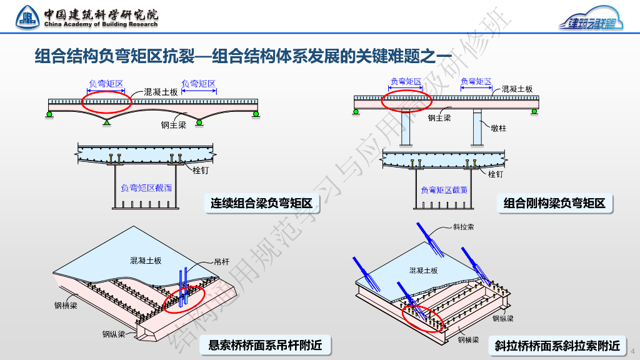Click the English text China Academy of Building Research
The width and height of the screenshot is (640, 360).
coord(101,24)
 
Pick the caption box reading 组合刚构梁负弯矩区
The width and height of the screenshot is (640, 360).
coord(555,202)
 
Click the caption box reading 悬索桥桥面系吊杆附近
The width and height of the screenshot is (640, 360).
coord(265,344)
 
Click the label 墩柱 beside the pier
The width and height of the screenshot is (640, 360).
coord(498,128)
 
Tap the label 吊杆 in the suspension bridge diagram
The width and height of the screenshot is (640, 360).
coord(221,261)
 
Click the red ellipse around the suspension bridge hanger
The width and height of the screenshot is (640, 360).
coord(184,299)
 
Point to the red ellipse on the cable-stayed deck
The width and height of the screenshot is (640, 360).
coord(423,317)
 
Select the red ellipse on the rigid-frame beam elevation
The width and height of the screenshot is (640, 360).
coord(406,99)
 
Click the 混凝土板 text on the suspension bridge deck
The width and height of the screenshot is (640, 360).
coord(146,260)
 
